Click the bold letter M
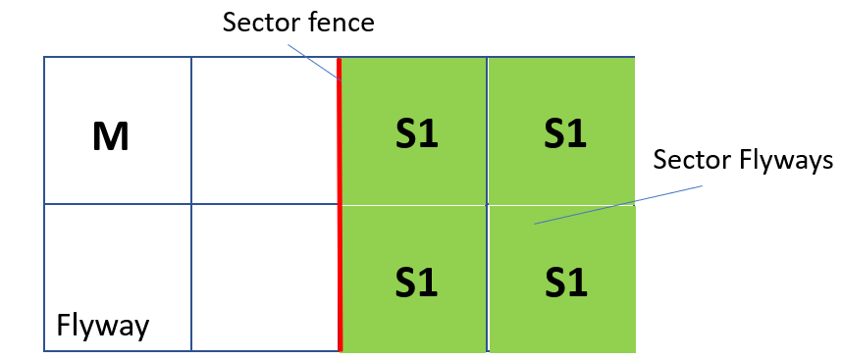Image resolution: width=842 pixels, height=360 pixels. click(111, 136)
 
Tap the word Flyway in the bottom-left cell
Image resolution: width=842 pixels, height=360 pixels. click(103, 325)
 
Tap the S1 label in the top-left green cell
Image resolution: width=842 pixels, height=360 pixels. click(416, 134)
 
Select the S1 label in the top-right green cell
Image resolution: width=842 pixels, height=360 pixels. click(564, 134)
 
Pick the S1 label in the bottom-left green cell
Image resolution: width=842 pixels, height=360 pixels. click(416, 283)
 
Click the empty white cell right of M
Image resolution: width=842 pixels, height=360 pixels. click(265, 130)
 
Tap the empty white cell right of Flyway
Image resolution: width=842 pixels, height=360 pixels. click(265, 278)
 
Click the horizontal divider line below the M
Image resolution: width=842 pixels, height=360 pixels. click(118, 204)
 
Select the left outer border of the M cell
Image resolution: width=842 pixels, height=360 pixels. click(44, 130)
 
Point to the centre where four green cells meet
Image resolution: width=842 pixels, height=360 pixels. click(488, 204)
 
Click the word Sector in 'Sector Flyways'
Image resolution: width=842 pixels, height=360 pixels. click(687, 160)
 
